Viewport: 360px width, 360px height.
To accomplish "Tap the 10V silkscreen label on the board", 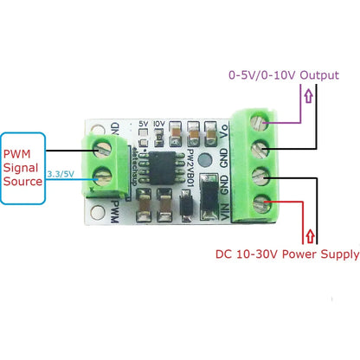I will [x=157, y=123].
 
